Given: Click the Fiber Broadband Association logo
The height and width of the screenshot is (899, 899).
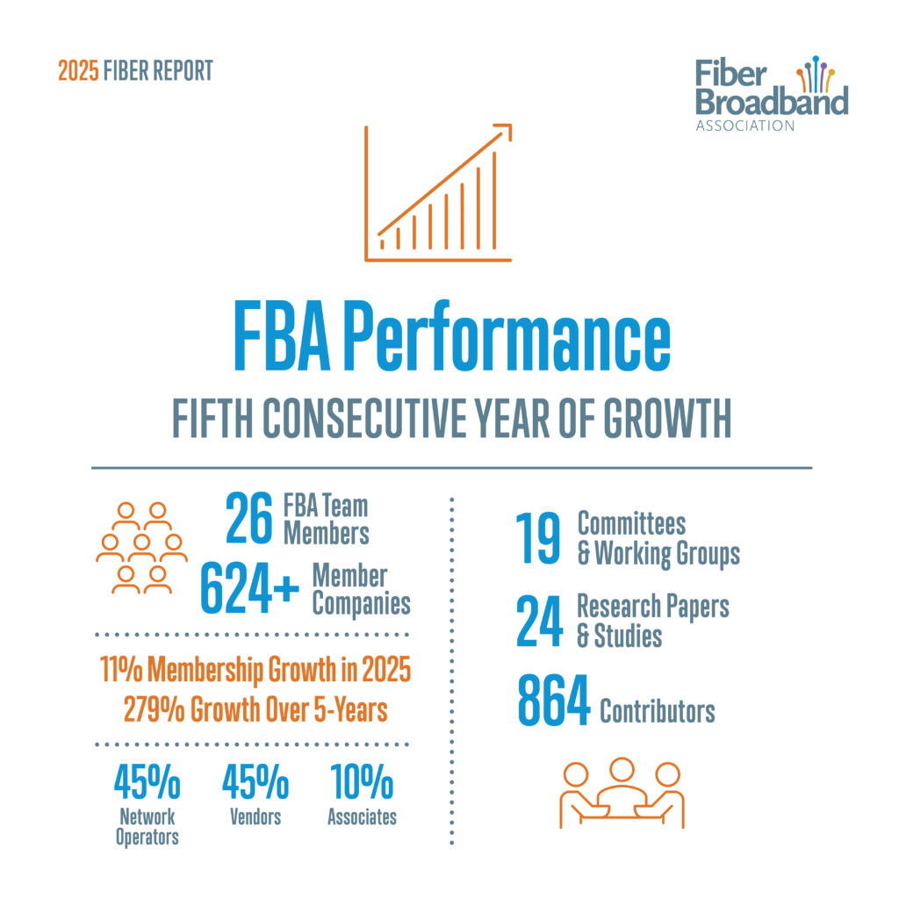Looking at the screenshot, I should [772, 94].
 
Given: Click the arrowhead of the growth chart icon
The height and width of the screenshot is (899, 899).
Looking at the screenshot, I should [503, 132].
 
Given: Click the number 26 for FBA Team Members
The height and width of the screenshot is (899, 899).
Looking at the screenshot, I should [250, 519].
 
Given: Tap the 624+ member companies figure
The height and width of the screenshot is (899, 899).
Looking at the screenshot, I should [250, 588].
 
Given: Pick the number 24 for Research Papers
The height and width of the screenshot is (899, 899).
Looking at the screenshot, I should [537, 620].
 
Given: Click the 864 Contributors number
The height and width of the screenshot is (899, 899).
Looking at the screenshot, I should [552, 702].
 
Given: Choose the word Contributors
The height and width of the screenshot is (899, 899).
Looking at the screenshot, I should [657, 710].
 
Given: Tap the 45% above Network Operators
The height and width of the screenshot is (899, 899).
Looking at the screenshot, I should [147, 782].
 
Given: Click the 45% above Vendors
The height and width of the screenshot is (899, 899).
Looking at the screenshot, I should [255, 782].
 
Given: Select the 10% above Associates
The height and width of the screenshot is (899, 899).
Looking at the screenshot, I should [362, 782].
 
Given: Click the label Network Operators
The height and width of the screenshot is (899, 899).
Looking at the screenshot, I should [147, 827].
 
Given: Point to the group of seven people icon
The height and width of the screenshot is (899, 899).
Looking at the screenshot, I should [141, 548].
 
